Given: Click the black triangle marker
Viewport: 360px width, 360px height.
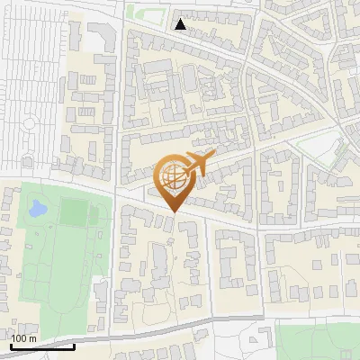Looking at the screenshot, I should coord(181,24).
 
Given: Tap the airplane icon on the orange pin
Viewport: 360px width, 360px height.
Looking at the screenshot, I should coord(198,163).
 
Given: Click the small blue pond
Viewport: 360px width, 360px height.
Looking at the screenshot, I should coord(37,211).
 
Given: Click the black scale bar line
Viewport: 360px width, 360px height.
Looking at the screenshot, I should coord(42,346).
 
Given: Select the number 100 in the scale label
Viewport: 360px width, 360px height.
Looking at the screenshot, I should coord(20,338).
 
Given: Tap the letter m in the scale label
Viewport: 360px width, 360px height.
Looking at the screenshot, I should coord(32,338).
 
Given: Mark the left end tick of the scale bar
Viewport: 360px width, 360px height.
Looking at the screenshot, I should coord(11,344).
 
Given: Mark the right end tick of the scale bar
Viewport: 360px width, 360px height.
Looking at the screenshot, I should coord(74,344).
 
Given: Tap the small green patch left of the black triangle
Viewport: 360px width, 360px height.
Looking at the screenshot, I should coord(137,12).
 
